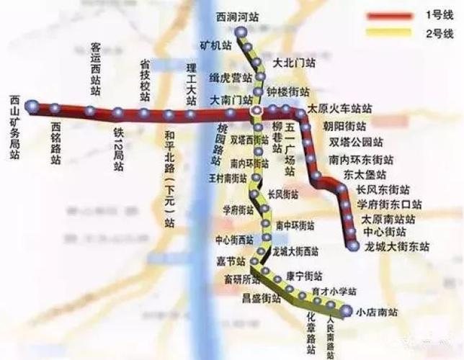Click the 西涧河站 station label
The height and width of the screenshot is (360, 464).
[238, 16]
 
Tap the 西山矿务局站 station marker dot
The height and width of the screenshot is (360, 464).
[31, 107]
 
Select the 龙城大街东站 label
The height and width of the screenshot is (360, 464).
[397, 246]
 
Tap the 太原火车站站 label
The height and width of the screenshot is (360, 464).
[339, 109]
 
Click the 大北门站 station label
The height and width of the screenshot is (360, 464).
[294, 63]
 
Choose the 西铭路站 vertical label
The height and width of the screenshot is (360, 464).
[55, 144]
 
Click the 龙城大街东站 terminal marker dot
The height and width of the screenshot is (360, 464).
[352, 246]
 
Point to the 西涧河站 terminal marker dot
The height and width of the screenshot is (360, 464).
[241, 31]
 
